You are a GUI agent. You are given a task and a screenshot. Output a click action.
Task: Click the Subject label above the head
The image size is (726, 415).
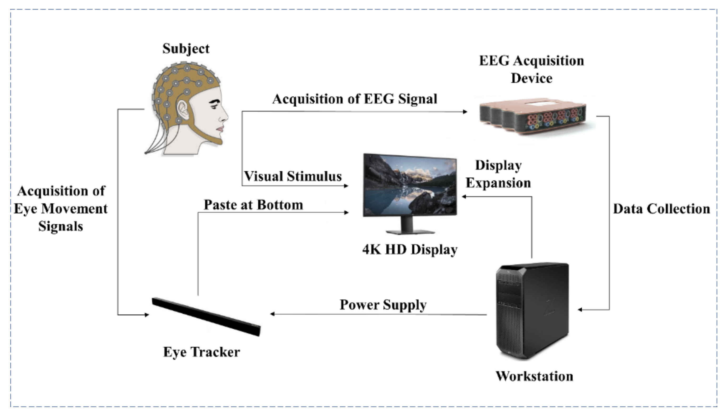[x=186, y=49]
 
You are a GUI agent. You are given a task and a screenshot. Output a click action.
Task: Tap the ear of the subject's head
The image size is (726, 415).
[x=182, y=110]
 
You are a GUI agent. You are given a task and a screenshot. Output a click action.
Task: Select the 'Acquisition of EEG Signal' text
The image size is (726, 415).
[x=355, y=99]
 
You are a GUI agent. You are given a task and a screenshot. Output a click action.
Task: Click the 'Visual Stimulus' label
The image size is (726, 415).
[x=293, y=176]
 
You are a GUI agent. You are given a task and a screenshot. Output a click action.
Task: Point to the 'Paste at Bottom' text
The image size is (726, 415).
[x=253, y=205]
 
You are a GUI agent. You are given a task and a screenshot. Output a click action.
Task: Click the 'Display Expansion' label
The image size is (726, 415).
[x=498, y=174]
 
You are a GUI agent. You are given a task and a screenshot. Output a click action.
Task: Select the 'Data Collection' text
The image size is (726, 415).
[x=661, y=209]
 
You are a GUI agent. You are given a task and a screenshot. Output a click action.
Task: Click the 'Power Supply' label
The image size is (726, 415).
[x=383, y=305]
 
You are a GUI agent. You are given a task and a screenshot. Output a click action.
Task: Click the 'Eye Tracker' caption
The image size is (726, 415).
[x=201, y=352]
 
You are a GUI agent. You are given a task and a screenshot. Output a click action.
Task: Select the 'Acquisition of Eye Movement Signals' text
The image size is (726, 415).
[x=61, y=209]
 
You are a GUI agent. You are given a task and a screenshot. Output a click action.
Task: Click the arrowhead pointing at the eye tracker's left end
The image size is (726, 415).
[x=147, y=315]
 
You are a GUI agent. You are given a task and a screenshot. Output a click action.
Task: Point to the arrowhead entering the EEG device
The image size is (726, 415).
[x=465, y=112]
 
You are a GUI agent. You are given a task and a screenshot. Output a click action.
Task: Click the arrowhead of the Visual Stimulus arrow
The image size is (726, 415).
[x=346, y=186]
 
